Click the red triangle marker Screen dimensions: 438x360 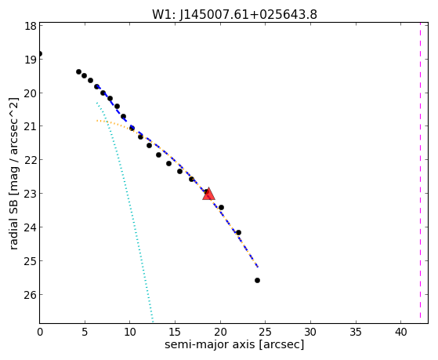208,195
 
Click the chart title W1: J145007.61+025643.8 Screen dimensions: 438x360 234,14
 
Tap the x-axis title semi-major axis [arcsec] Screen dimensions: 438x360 234,344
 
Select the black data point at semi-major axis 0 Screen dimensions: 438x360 40,53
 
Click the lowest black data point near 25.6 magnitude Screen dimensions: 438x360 257,280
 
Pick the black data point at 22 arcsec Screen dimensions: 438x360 238,232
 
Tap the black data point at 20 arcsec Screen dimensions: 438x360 221,207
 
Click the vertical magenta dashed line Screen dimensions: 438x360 420,173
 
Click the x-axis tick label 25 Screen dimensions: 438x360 265,332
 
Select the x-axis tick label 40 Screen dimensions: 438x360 400,332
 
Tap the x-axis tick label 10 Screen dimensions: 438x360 129,332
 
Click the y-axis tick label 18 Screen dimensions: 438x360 30,26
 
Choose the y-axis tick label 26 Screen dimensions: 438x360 30,295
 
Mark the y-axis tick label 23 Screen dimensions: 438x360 30,194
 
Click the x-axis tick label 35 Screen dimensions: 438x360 356,332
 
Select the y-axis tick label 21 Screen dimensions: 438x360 30,126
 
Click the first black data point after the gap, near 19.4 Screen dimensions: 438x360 79,72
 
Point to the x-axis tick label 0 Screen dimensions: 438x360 40,332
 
